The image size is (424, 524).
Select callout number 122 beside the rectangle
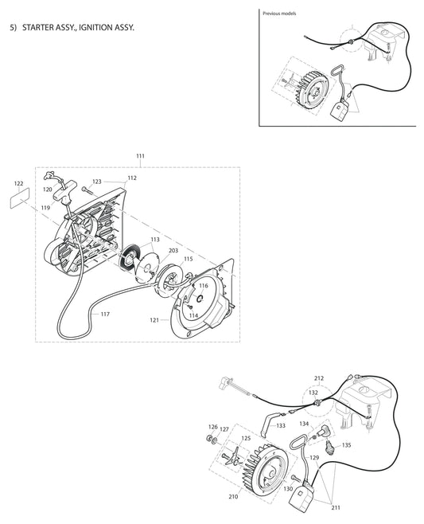[x=19, y=184]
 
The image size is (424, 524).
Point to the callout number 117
[x=105, y=314]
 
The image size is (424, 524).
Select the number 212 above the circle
[x=319, y=377]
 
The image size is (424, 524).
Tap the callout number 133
[x=281, y=425]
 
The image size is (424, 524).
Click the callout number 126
[x=212, y=428]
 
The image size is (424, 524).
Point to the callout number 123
[x=96, y=182]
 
